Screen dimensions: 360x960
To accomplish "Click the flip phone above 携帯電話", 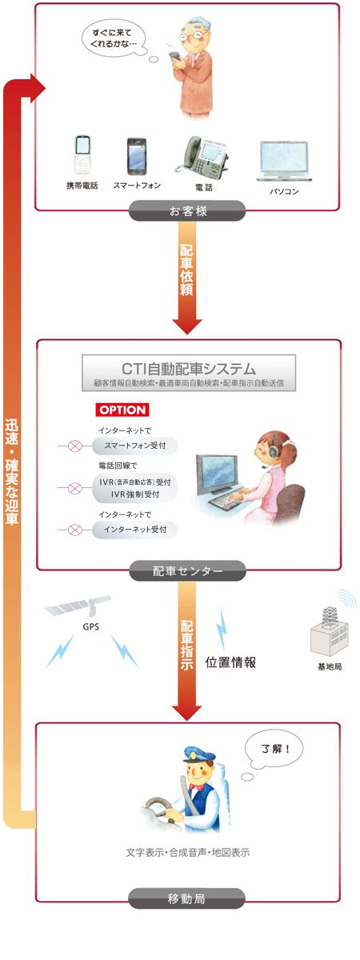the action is [82, 154].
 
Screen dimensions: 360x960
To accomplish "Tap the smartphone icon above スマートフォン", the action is [136, 156].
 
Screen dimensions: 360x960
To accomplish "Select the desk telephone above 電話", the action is [202, 154].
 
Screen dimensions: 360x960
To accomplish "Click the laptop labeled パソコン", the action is [284, 161].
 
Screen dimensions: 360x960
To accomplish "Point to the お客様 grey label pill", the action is [187, 211].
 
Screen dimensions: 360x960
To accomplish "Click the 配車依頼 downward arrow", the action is [187, 278].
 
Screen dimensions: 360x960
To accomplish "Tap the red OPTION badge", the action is [122, 410].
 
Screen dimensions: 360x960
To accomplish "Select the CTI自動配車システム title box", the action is [189, 373].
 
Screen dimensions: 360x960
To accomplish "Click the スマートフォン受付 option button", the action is [134, 446].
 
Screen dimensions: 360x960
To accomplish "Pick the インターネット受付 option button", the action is [134, 530].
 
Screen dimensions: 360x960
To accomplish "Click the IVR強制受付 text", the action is [135, 494].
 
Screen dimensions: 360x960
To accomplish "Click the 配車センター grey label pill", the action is [188, 571].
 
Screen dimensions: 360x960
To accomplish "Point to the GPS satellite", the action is [78, 605].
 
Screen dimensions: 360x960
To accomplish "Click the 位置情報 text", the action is [230, 662].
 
